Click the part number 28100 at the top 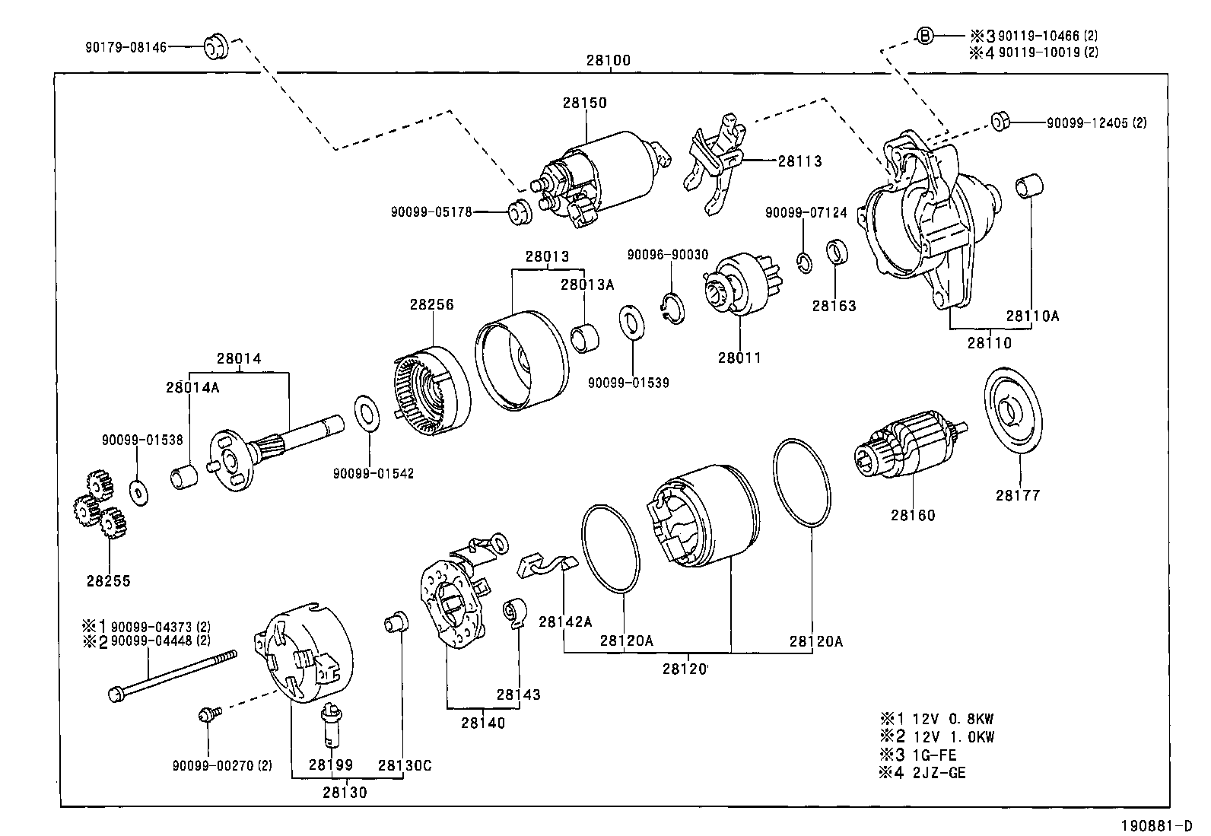pyautogui.click(x=608, y=61)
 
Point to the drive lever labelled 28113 pyautogui.click(x=716, y=160)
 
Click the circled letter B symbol pyautogui.click(x=923, y=35)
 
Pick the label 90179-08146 pyautogui.click(x=126, y=47)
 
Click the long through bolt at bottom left pyautogui.click(x=172, y=672)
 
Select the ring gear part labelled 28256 pyautogui.click(x=432, y=392)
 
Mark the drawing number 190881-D pyautogui.click(x=1160, y=825)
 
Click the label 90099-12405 pyautogui.click(x=1096, y=122)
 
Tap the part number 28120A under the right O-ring pyautogui.click(x=815, y=641)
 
